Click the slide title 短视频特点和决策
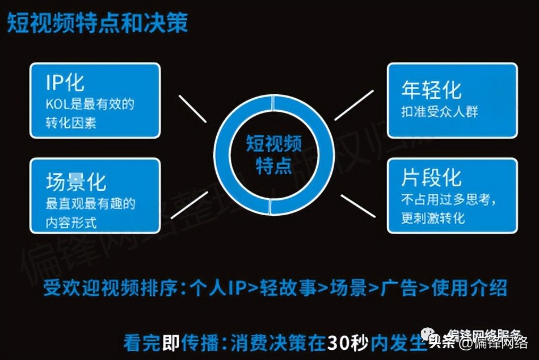click(98, 23)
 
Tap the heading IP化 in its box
click(65, 83)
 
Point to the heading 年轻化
click(431, 89)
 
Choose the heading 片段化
click(431, 177)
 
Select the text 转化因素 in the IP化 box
click(71, 123)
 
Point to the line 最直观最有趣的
click(91, 203)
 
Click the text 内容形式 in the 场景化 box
click(71, 222)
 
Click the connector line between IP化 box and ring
click(192, 108)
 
